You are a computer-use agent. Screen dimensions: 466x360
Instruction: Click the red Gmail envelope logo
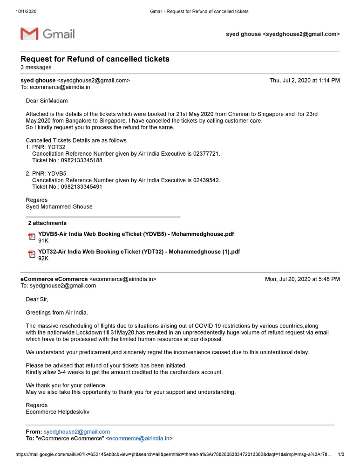point(29,34)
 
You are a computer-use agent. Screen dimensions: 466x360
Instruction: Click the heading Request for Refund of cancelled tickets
point(95,59)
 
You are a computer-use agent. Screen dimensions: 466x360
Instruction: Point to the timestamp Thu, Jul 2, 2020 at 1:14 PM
point(305,81)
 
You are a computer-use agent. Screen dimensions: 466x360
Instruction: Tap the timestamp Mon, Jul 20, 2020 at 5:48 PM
point(302,280)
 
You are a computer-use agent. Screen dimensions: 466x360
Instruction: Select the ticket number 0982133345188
point(82,160)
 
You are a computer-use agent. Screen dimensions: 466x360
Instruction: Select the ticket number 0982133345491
point(82,187)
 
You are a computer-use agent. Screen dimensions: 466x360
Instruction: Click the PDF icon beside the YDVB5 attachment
point(32,237)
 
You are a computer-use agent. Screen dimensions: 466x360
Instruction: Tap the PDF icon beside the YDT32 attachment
point(32,254)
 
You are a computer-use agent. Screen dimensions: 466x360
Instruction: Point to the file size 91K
point(43,241)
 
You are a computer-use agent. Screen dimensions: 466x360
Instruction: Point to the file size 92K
point(43,259)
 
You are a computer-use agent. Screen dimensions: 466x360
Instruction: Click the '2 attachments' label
point(47,223)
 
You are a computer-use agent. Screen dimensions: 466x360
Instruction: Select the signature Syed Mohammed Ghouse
point(59,207)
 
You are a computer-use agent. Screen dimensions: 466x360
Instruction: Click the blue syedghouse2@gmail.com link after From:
point(77,432)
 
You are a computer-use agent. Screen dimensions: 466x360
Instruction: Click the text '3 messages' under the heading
point(36,68)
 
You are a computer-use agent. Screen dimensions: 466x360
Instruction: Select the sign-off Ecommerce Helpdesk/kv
point(58,412)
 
